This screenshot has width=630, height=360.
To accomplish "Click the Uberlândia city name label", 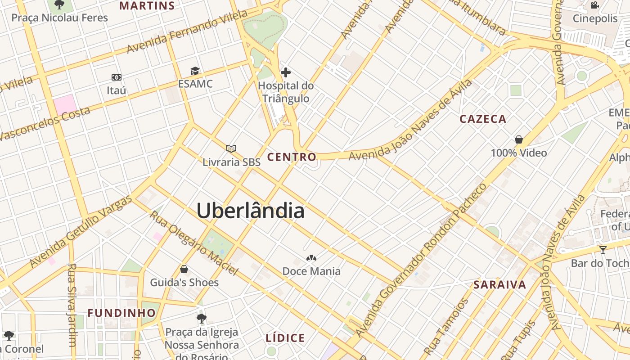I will (250, 211).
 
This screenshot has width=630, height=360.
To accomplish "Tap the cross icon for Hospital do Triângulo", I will (285, 72).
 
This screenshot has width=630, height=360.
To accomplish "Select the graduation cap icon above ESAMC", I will (195, 71).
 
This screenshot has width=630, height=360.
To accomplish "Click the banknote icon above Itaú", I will (117, 77).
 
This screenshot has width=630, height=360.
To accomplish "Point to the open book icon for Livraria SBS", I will (231, 148).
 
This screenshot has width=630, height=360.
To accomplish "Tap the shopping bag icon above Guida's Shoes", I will (184, 269).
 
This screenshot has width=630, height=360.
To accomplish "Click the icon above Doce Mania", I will (311, 258).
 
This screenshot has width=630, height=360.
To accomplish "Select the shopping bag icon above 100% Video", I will (519, 139).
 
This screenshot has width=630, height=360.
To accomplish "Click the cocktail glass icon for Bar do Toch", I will (603, 250).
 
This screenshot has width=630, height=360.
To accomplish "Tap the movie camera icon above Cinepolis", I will (595, 5).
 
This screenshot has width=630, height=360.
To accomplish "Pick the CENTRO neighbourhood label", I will (292, 157).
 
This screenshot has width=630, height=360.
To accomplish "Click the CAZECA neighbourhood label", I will (483, 119).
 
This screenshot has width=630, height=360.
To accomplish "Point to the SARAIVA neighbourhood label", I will (499, 285).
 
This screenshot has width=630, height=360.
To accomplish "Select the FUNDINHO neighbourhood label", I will (121, 313).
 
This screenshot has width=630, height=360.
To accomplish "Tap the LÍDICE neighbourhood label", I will (285, 338).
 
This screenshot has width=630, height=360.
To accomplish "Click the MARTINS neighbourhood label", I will (147, 6).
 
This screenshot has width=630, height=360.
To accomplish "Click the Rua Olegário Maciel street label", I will (193, 243).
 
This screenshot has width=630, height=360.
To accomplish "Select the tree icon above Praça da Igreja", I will (202, 319).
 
